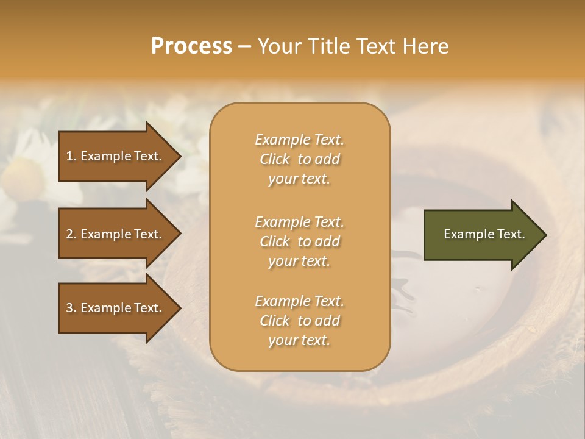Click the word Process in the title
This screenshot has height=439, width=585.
pos(191,46)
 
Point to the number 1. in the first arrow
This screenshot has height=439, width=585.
pos(71,156)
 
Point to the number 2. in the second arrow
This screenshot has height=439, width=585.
pos(71,234)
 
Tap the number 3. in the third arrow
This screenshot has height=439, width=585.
pos(71,308)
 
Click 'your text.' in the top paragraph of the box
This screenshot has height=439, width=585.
pos(299,179)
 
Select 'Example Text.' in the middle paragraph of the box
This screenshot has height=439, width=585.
pos(299,222)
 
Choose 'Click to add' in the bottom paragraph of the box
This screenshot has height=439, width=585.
pos(299,321)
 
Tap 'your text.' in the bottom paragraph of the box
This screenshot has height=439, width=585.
pos(299,341)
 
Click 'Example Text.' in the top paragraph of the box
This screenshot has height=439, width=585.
pos(299,140)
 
